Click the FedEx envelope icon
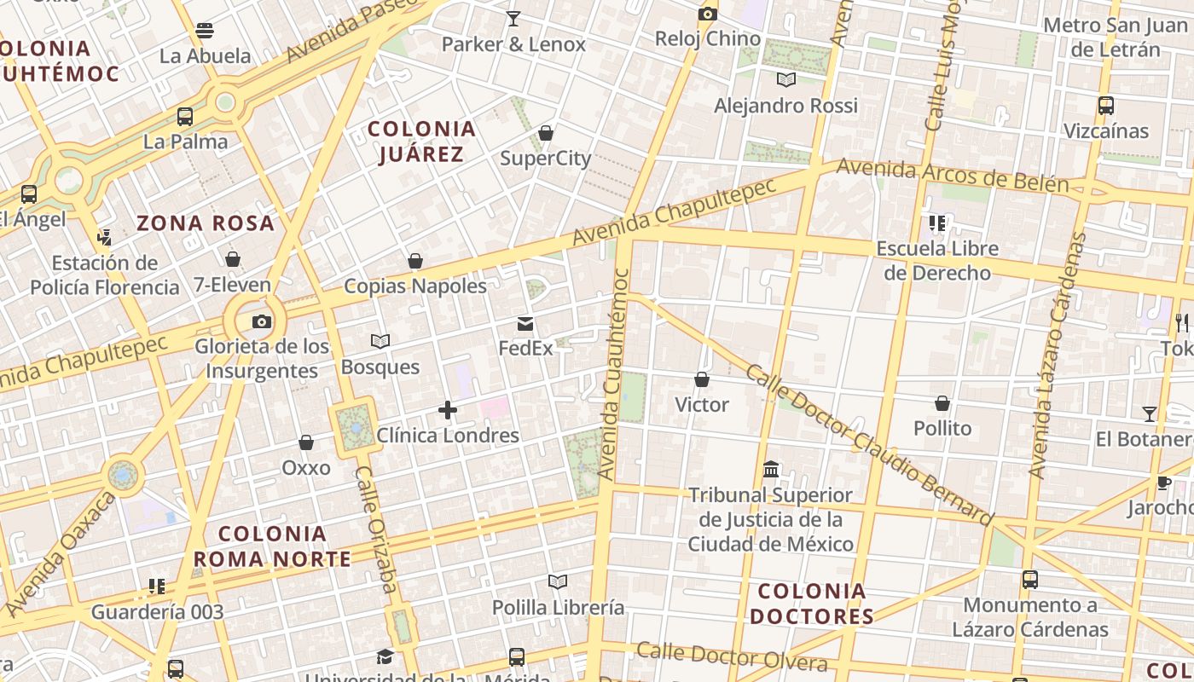tap(525, 324)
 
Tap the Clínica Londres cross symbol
tap(448, 411)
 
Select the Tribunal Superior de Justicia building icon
tap(772, 470)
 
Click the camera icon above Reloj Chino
tap(707, 14)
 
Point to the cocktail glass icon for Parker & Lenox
tap(513, 19)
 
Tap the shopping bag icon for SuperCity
tap(546, 133)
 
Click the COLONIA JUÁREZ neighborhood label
tap(421, 142)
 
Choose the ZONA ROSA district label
tap(206, 223)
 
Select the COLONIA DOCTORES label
tap(811, 603)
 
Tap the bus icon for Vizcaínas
tap(1106, 106)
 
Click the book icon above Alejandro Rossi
tap(786, 80)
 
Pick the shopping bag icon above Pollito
tap(942, 402)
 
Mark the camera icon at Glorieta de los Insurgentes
tap(262, 321)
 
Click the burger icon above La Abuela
tap(205, 31)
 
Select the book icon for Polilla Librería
tap(558, 582)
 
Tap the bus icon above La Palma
tap(185, 117)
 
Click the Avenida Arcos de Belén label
tap(952, 174)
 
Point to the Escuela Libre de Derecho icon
tap(937, 223)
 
